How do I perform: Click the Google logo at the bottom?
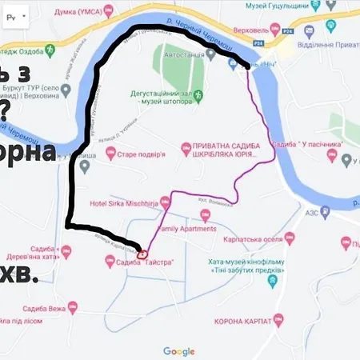(x=179, y=351)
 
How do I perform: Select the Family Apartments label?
(x=186, y=229)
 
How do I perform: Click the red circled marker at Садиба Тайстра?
(x=142, y=254)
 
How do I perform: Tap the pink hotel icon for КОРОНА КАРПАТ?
(x=278, y=320)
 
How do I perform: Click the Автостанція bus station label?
(x=186, y=58)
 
